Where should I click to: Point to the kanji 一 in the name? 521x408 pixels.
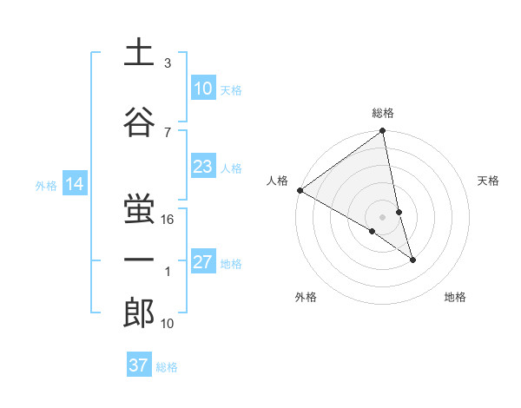(x=139, y=260)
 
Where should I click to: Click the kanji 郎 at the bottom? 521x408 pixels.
(x=139, y=313)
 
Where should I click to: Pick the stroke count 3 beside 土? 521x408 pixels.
(x=168, y=63)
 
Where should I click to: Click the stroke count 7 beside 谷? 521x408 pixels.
(x=168, y=132)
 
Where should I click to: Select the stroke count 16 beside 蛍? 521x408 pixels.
(x=168, y=220)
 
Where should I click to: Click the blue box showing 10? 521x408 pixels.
(x=202, y=88)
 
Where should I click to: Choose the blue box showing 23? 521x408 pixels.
(x=202, y=167)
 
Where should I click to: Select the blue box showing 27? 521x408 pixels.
(x=202, y=262)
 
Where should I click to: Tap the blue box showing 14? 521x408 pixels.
(x=75, y=184)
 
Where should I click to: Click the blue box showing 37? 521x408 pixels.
(x=139, y=365)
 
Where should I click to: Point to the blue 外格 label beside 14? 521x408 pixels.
(x=46, y=185)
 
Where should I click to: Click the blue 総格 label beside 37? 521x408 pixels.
(x=167, y=367)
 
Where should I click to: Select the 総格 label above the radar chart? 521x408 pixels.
(x=383, y=113)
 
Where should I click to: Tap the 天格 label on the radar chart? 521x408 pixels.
(x=488, y=181)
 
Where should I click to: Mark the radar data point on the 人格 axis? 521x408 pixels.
(x=300, y=190)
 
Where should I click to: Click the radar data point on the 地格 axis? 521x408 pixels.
(x=412, y=260)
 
